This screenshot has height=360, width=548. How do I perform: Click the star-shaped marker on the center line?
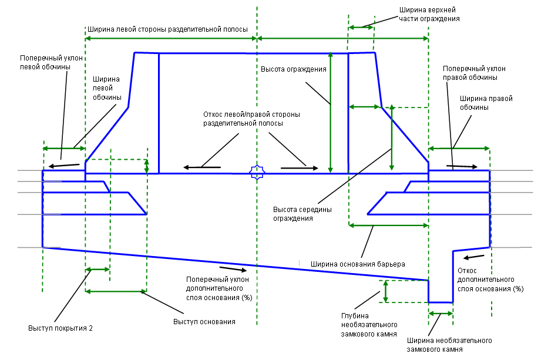click(257, 172)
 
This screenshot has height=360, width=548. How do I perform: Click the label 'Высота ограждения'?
click(294, 69)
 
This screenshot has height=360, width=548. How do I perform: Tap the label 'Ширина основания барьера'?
click(358, 264)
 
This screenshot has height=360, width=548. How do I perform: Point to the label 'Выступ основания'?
click(204, 322)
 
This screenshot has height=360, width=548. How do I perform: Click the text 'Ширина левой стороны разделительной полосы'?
click(167, 29)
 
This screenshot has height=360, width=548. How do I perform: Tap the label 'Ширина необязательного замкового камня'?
click(449, 345)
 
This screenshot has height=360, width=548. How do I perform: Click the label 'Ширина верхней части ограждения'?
click(428, 14)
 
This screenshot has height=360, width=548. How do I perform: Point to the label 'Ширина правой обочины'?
click(486, 103)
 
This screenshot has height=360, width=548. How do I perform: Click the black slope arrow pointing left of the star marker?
click(203, 168)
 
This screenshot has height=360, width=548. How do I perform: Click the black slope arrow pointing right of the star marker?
click(294, 168)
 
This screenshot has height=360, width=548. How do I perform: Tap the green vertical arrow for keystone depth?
click(385, 291)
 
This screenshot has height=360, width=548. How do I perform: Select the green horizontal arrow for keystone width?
click(441, 314)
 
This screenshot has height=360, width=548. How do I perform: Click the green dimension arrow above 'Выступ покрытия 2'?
click(98, 270)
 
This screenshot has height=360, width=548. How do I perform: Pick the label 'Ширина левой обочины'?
click(106, 88)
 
